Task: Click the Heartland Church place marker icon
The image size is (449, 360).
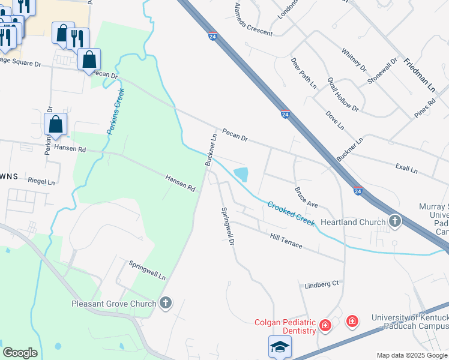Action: point(395,221)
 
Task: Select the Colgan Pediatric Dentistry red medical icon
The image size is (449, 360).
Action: point(325,325)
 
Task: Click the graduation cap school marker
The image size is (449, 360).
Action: point(279,346)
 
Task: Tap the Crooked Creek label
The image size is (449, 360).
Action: point(291,213)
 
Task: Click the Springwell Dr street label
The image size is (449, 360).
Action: point(227,227)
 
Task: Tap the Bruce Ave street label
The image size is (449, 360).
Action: point(306,197)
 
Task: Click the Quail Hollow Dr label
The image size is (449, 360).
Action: point(343,95)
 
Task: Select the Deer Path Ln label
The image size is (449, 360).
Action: point(303,73)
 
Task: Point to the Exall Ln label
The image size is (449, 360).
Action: point(406,169)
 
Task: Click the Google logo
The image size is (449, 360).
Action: point(20,353)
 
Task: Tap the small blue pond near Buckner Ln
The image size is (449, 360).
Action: point(241,175)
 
